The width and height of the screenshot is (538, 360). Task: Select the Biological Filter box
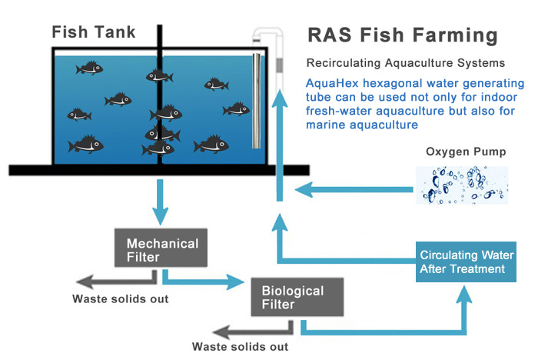[292, 297]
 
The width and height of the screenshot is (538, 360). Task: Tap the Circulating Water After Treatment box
[462, 262]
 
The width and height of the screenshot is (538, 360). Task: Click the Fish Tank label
[93, 32]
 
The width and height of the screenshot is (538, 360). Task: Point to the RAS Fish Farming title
[401, 35]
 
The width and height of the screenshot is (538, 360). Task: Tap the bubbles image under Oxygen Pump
[462, 185]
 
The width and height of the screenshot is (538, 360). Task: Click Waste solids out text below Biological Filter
[240, 347]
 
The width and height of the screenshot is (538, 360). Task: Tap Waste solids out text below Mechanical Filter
[120, 298]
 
